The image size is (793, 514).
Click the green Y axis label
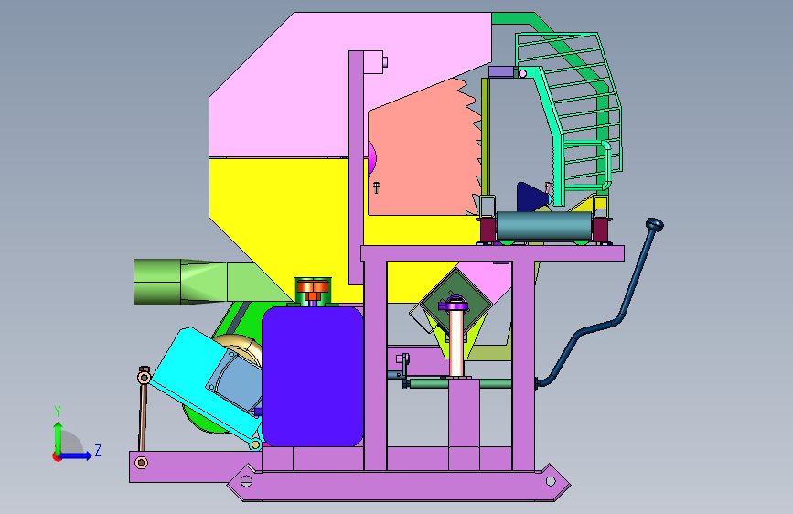[58, 412]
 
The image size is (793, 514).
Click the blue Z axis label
[98, 450]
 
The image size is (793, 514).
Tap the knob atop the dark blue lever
[654, 224]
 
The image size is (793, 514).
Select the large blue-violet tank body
[313, 377]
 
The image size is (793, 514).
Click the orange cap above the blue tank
[313, 287]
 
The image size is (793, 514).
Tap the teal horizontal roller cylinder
[544, 226]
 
